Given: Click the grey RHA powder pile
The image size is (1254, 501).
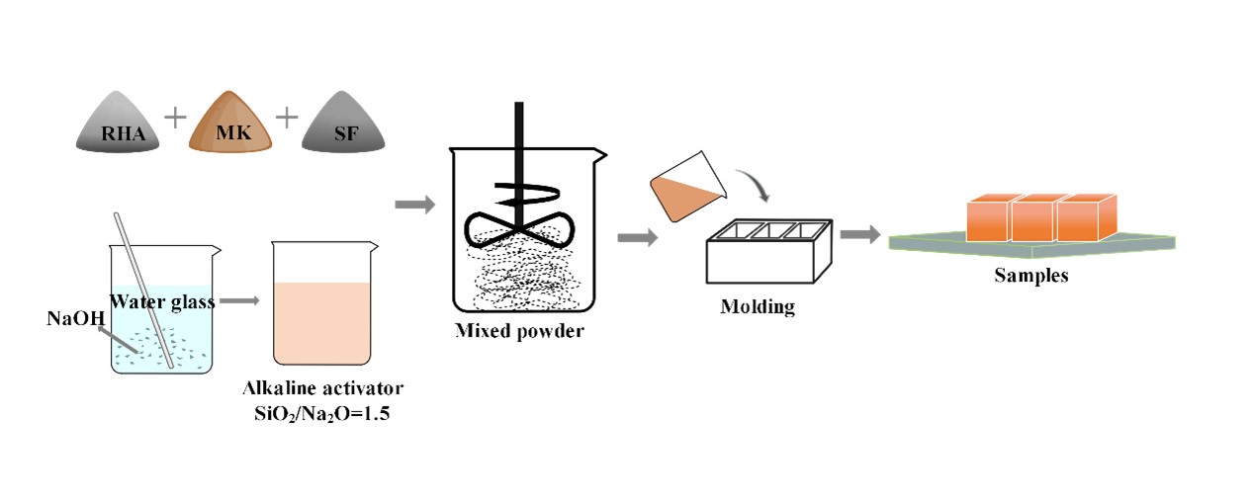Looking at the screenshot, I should [x=117, y=126].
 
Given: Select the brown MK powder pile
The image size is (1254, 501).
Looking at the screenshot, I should [x=229, y=125].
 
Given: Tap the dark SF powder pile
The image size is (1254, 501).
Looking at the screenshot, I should [x=345, y=126].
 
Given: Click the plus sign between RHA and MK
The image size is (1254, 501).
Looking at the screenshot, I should [x=175, y=117].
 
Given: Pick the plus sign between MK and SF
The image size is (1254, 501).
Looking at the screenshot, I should [x=287, y=117].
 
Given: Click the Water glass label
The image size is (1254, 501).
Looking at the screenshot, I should [x=162, y=301].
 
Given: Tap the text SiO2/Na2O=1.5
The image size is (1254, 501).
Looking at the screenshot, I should [x=322, y=414].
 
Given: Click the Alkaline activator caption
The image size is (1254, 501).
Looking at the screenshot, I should [x=323, y=387].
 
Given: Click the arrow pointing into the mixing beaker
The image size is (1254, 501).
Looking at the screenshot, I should [x=414, y=205].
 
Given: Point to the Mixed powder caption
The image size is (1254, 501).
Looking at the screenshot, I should [x=519, y=331].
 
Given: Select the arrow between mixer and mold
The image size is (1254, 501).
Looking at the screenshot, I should [x=638, y=237].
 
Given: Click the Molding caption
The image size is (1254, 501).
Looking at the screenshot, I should [x=758, y=307].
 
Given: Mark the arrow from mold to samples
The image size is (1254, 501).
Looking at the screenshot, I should [x=860, y=234].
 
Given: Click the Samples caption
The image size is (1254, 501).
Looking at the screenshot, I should [x=1030, y=276].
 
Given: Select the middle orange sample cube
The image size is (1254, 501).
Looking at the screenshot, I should [x=1031, y=218].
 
